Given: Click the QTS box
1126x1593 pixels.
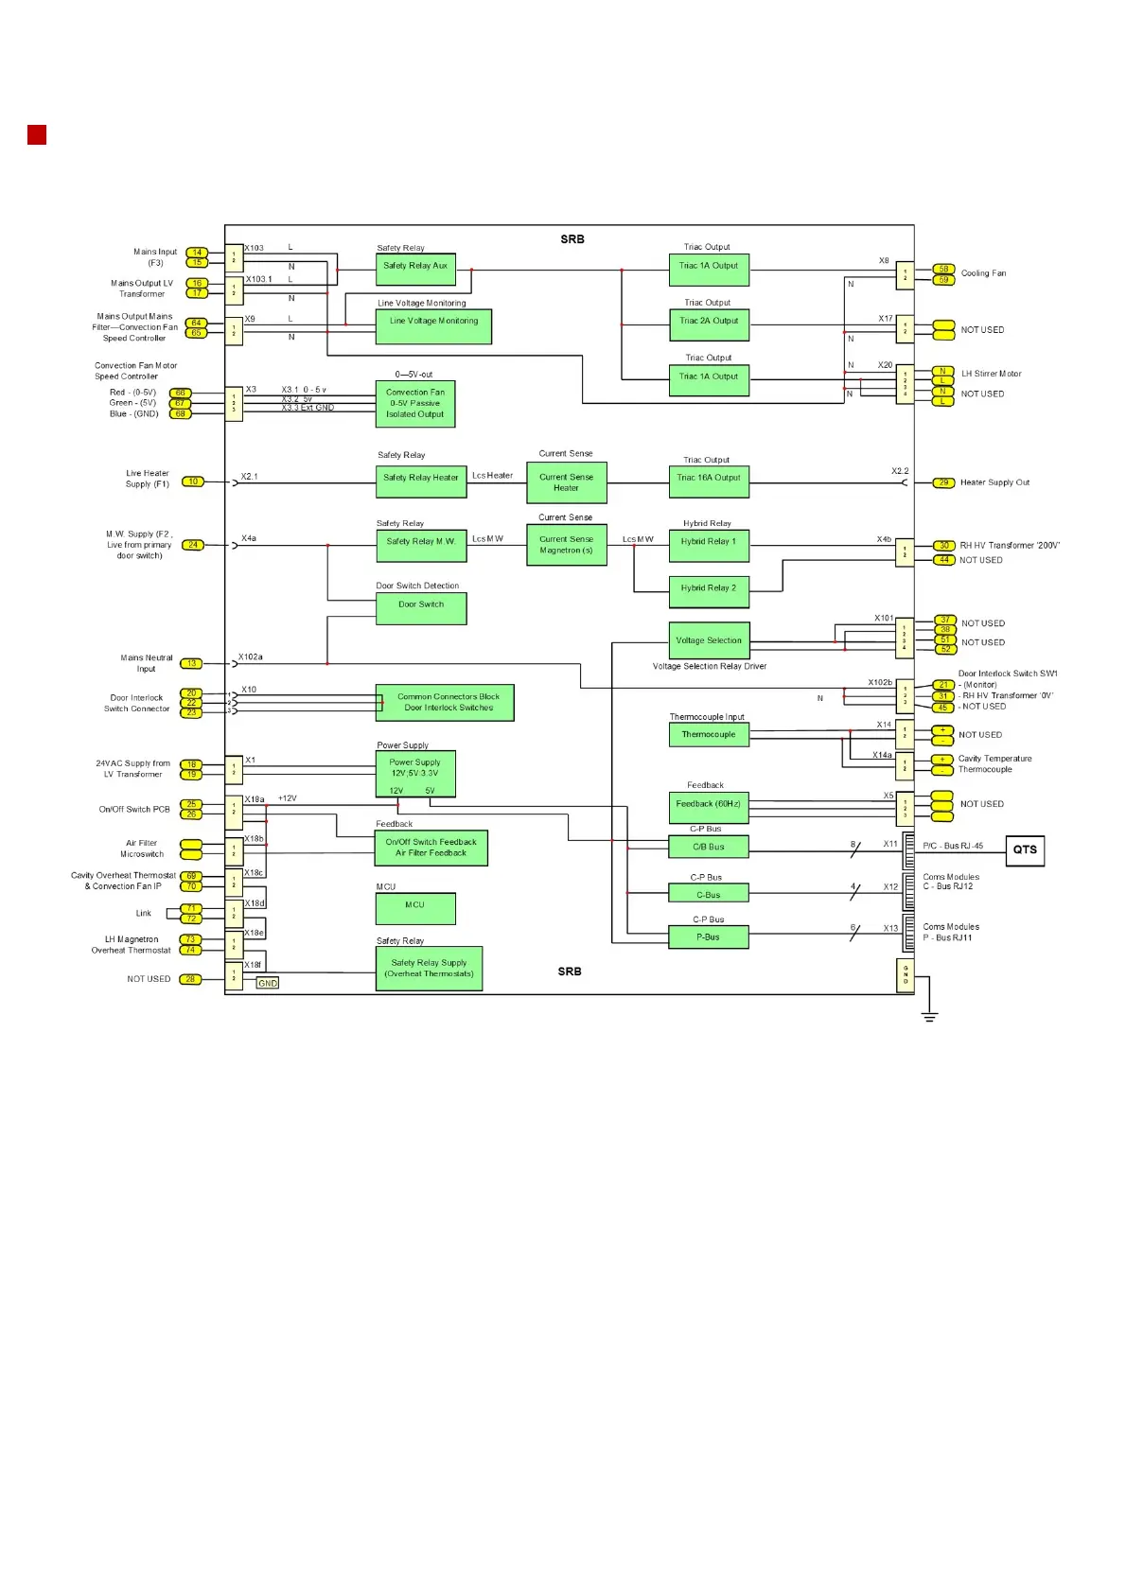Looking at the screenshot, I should click(1025, 849).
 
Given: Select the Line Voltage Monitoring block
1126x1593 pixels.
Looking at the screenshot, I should click(433, 326).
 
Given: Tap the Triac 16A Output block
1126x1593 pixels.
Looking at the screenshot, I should click(709, 481).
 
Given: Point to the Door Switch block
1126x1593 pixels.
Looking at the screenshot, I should click(421, 608).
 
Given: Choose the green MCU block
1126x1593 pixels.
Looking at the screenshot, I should click(415, 908).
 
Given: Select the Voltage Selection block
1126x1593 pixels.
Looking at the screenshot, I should click(709, 640).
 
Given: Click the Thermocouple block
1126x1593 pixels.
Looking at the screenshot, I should click(709, 734).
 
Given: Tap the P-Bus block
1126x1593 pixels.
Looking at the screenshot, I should click(709, 937).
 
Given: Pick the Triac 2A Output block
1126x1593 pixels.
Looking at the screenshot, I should click(709, 325).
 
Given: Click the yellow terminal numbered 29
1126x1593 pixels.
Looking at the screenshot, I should click(943, 482).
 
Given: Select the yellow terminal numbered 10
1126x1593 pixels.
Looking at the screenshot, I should click(192, 481).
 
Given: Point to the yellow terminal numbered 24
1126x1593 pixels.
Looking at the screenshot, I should click(193, 545).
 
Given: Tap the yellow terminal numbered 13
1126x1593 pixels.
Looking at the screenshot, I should click(191, 663).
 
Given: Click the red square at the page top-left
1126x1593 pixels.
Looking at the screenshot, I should click(37, 134).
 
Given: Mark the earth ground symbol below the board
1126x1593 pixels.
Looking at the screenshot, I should click(930, 1016).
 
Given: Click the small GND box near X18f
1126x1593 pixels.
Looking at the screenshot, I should click(268, 983).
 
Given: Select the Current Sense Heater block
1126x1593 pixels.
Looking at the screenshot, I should click(566, 482).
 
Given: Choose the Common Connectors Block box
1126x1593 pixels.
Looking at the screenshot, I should click(445, 702).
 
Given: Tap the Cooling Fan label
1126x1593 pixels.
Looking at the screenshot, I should click(983, 273).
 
